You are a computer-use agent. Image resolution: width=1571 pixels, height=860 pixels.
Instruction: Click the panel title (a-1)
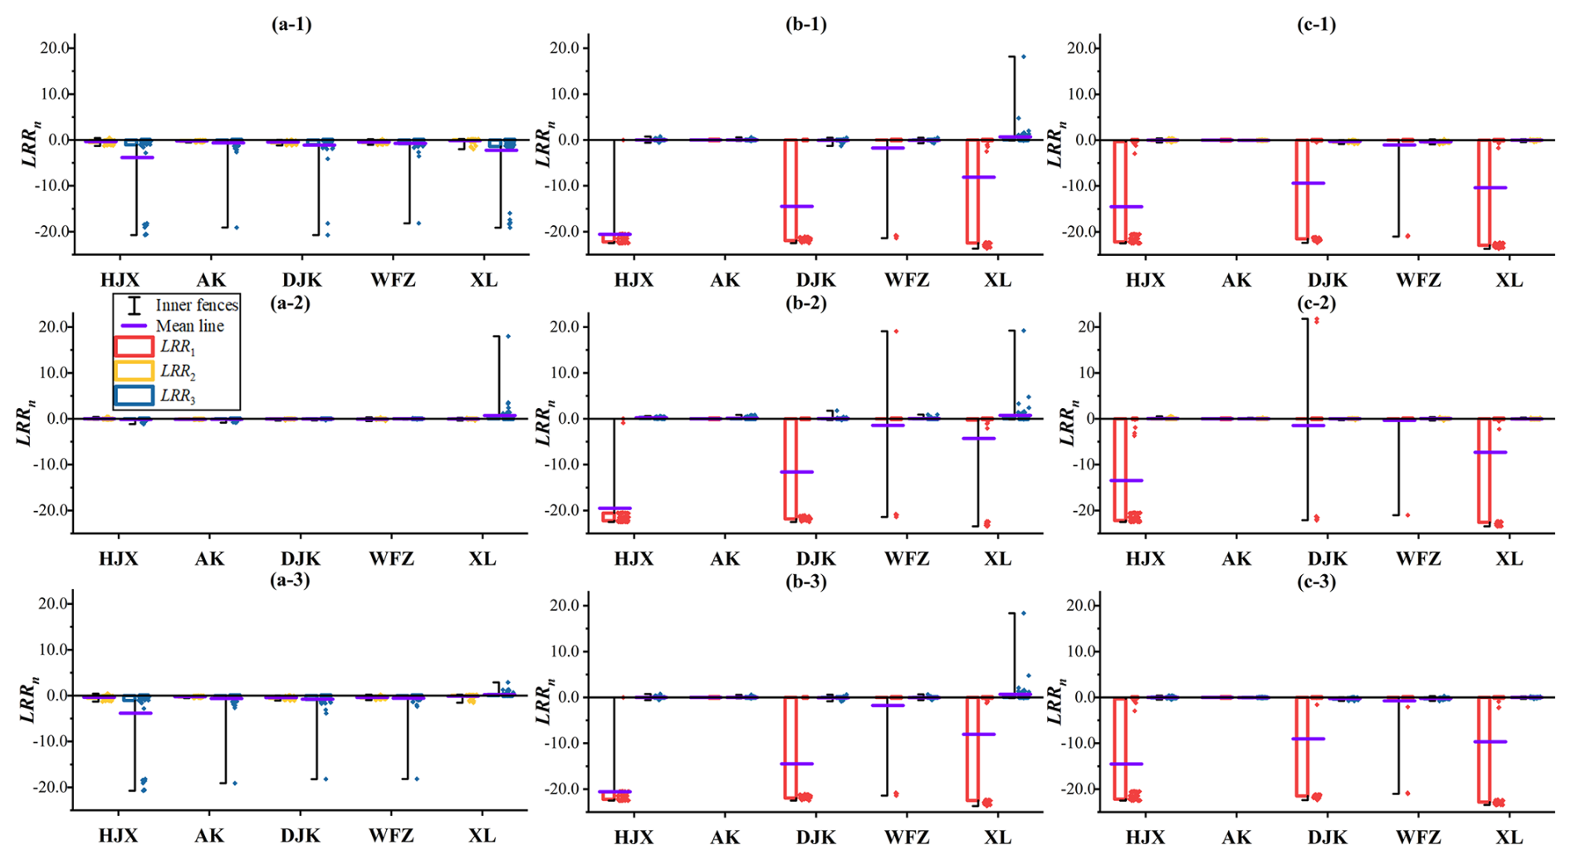click(x=291, y=24)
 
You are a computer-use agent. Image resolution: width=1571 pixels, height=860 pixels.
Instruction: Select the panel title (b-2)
click(x=805, y=302)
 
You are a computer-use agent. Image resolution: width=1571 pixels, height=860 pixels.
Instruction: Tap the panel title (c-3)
click(x=1316, y=582)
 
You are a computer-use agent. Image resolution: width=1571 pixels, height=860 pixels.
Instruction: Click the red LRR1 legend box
click(x=134, y=346)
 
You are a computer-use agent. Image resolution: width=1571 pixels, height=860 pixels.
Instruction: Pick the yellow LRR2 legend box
click(x=134, y=371)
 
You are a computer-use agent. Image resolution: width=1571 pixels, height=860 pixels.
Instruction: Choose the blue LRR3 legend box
click(x=134, y=396)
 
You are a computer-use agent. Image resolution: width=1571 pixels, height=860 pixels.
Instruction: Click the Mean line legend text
click(x=189, y=327)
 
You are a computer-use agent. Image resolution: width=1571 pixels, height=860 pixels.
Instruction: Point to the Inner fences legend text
click(x=197, y=306)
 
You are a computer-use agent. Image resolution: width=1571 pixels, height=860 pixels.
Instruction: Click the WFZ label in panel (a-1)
click(x=393, y=280)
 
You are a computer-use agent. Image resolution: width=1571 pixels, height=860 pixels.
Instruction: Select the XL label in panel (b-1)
click(x=997, y=280)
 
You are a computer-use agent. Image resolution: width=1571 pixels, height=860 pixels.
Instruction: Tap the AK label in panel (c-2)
click(x=1236, y=559)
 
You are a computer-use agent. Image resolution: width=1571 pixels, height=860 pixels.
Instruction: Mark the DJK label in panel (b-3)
click(x=815, y=838)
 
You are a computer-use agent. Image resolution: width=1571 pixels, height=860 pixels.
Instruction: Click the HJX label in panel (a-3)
click(x=118, y=836)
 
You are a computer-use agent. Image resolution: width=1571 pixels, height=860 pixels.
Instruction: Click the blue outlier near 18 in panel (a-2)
click(x=508, y=337)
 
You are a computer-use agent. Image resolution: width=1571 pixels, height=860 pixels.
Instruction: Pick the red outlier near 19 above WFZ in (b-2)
click(x=896, y=332)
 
